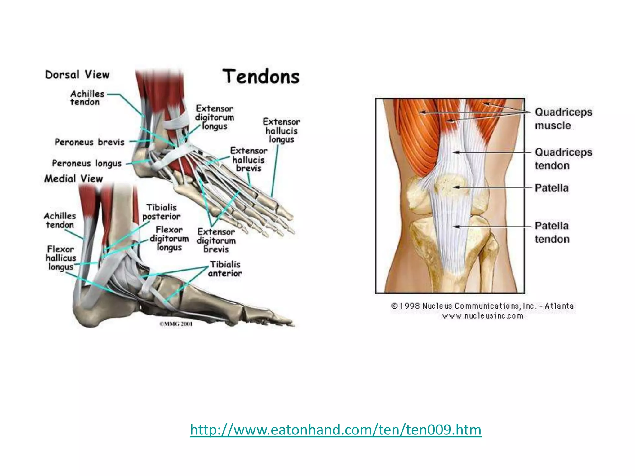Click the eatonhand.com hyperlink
335,430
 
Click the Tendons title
261,77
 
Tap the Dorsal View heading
77,75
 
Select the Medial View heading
73,178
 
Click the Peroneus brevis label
89,142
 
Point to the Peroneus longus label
87,163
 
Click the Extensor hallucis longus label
281,130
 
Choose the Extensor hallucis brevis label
248,160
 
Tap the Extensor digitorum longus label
214,117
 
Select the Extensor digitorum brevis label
216,240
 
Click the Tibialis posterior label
161,212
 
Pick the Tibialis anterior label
225,269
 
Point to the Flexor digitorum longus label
169,239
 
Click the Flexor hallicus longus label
61,258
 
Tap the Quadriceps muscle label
563,119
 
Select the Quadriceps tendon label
563,159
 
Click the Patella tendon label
552,232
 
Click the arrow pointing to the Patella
493,187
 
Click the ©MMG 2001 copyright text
176,324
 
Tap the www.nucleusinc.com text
482,316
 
